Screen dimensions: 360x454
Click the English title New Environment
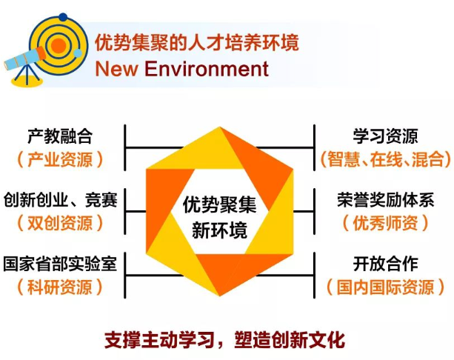[x=181, y=69]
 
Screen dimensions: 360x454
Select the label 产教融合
[x=59, y=136]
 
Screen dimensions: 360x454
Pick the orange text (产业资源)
[x=59, y=159]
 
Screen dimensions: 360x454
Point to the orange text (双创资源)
[x=59, y=222]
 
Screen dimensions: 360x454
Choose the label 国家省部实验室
[x=60, y=264]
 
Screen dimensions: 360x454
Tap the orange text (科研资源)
[x=59, y=286]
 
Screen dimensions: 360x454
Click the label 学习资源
[x=385, y=136]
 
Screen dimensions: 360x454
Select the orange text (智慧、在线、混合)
[x=385, y=159]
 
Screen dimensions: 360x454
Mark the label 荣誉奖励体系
[x=385, y=200]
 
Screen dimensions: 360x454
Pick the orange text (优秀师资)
[x=385, y=222]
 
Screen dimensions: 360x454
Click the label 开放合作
[x=385, y=264]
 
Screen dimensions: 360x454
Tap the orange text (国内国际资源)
[x=385, y=286]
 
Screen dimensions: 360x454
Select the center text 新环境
[x=220, y=228]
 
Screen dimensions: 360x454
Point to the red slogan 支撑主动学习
[x=157, y=341]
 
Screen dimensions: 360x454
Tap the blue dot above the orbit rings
[x=63, y=16]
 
